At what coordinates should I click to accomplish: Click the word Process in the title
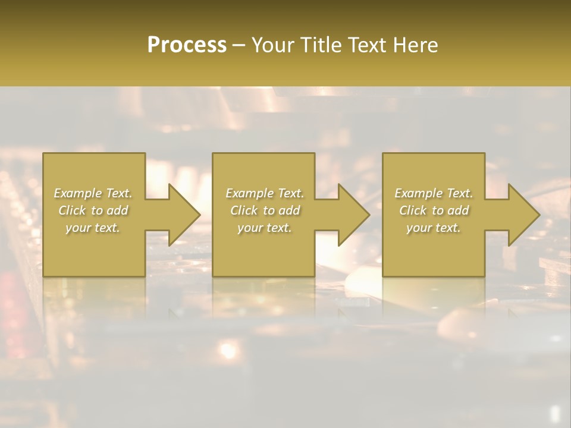tap(187, 45)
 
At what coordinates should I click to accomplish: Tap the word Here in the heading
tap(415, 45)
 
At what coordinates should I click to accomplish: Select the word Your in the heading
tap(274, 45)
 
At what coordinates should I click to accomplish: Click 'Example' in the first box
tap(77, 193)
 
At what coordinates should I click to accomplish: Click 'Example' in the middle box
tap(249, 193)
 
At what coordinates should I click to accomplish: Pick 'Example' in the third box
tap(418, 193)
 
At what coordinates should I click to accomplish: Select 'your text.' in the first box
tap(93, 228)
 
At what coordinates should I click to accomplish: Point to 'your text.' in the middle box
tap(264, 228)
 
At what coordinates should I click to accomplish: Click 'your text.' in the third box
tap(434, 228)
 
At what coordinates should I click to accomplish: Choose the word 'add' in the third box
tap(459, 210)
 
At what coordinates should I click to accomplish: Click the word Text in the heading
tap(365, 45)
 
